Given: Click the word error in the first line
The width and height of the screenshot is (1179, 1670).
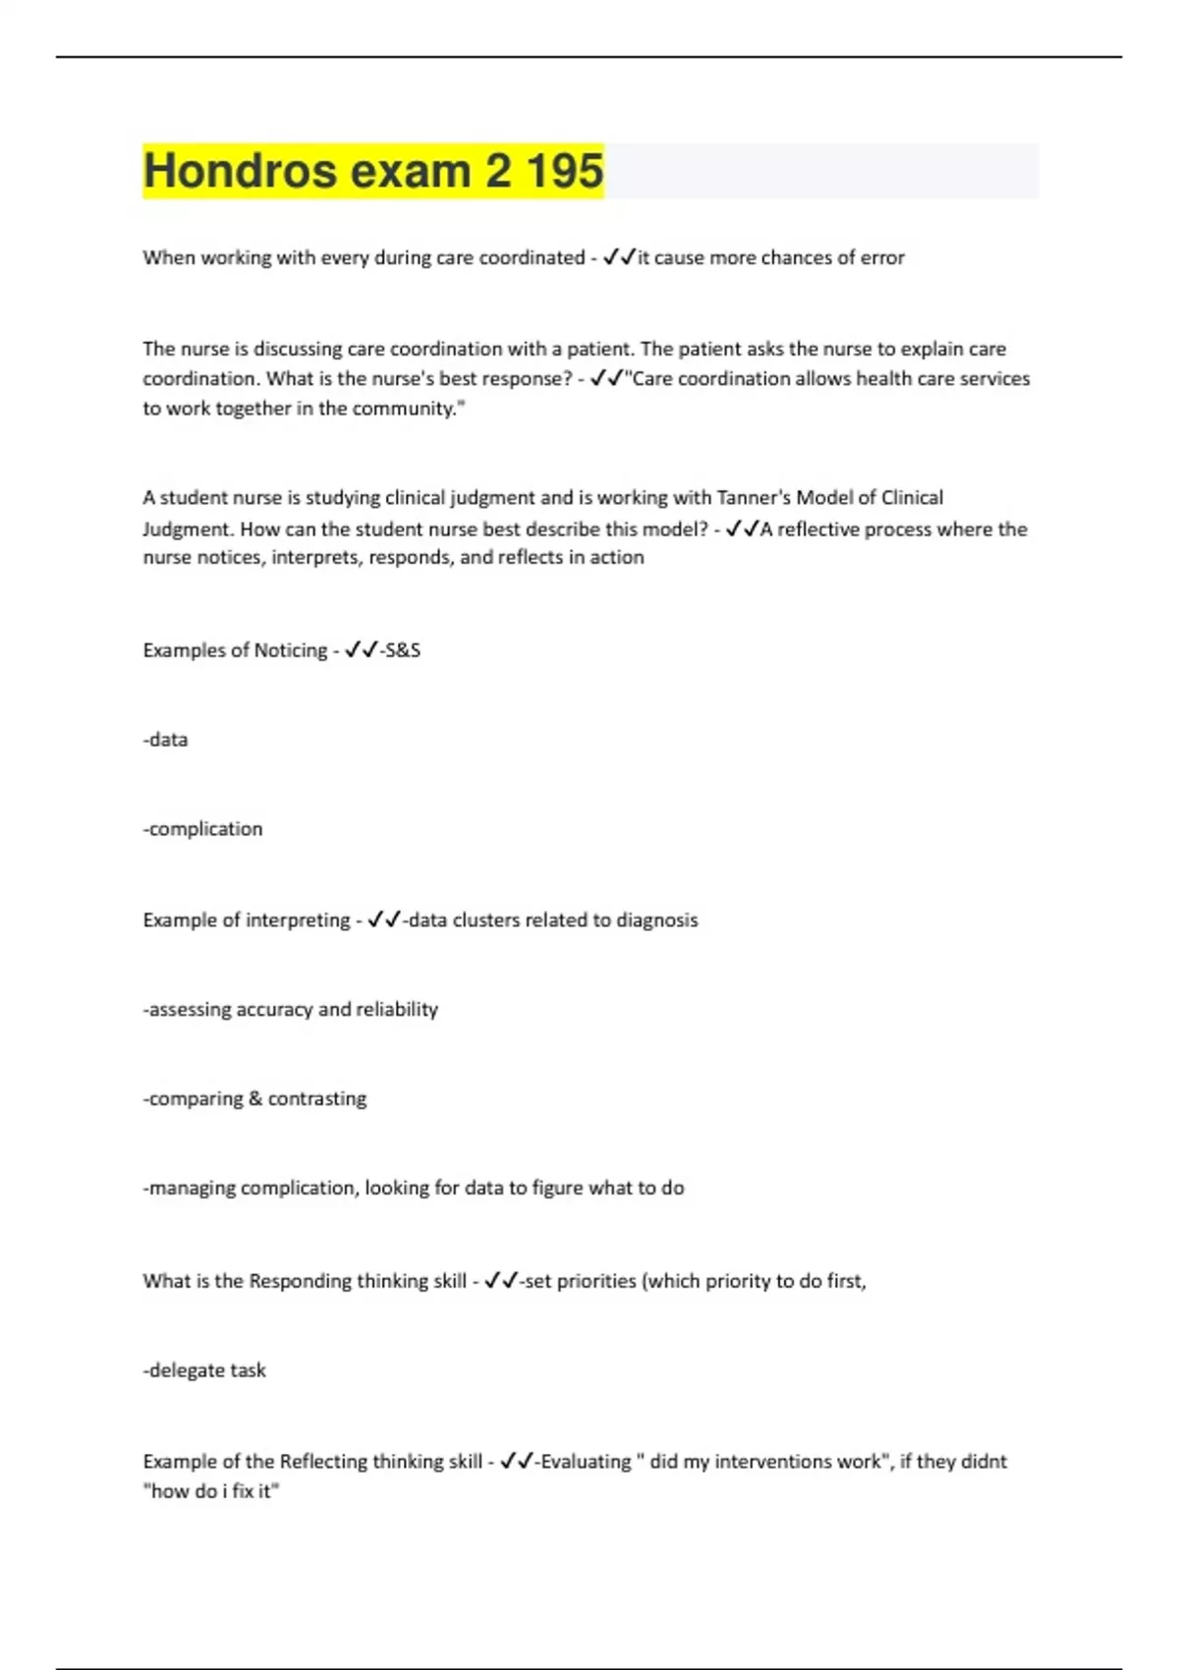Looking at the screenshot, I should (881, 257).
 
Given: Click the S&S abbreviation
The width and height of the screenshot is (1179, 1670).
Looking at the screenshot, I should (403, 650).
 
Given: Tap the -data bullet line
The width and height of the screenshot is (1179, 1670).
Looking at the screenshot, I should (165, 740).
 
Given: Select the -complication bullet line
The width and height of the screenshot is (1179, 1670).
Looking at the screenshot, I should (202, 829).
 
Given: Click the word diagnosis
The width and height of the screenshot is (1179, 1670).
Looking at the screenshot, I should (656, 920).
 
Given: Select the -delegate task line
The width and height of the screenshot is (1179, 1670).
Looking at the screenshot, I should (204, 1370).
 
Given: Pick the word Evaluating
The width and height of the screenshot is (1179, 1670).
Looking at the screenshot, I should (586, 1462).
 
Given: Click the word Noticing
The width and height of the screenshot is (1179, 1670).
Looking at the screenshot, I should (291, 650).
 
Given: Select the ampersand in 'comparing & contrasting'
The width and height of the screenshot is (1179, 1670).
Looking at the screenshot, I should (255, 1099).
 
